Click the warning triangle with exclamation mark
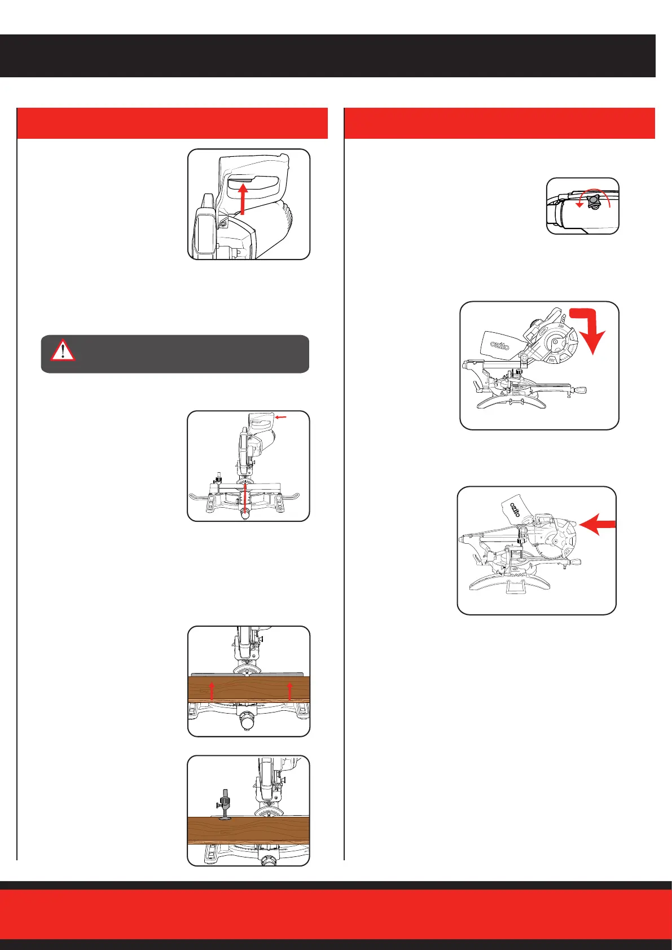pos(63,350)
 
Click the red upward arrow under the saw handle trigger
pos(243,199)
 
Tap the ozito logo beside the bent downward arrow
pos(500,345)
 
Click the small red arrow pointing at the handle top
pos(282,417)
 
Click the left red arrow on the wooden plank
pos(212,690)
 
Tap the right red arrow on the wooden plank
pos(290,690)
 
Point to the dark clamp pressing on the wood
pos(225,805)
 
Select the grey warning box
pos(175,354)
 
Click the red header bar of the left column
pos(172,123)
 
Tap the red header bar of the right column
pos(499,123)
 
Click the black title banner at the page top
pos(327,55)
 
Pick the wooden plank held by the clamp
pos(249,829)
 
